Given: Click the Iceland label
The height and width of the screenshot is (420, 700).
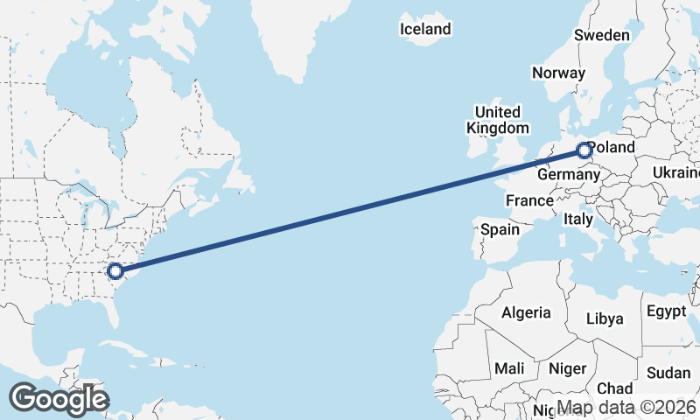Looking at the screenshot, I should tap(425, 29).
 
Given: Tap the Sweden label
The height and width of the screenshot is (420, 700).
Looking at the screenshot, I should tap(601, 35).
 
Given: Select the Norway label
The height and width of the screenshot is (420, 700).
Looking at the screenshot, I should tap(557, 73).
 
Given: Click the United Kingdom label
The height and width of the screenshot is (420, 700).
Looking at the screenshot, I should tap(497, 120).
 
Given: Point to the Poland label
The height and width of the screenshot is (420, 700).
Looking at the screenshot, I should tap(612, 147).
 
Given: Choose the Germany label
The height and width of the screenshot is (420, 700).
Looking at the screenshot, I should tap(568, 175).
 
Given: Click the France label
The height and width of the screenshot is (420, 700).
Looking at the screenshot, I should tap(529, 200).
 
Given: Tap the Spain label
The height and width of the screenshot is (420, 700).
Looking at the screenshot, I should tap(500, 230).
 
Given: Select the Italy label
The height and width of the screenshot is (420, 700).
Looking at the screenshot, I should tap(578, 219).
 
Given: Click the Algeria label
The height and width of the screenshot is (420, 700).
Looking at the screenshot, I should tap(526, 312).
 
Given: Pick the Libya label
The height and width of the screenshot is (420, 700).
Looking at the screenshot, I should tap(605, 318).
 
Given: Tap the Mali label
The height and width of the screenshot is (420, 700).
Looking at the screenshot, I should tap(508, 368).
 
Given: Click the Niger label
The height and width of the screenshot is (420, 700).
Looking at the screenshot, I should tap(567, 368).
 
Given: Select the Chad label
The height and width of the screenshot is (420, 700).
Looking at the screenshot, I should tap(614, 388).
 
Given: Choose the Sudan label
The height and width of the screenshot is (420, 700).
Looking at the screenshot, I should tap(668, 373).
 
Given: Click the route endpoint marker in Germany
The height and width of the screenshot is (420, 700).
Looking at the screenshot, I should tap(584, 150).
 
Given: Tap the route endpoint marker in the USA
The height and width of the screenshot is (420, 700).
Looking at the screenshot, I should tap(115, 271).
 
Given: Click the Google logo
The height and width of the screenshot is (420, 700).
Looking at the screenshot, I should tap(59, 399).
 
